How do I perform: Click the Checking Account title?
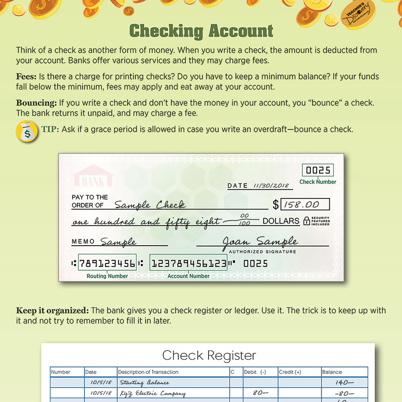pos(201,31)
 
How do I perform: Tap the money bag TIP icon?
pos(27,131)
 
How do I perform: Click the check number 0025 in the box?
pos(318,170)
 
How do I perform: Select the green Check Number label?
pos(318,182)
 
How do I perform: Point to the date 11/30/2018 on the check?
pos(271,186)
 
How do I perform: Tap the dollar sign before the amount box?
pos(275,205)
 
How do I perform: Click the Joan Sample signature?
pos(260,242)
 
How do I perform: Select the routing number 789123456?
pos(107,264)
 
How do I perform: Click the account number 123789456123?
pos(188,264)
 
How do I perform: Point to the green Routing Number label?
pos(107,276)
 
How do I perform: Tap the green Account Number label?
pos(189,276)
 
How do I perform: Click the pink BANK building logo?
pos(93,177)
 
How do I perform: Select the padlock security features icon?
pos(307,221)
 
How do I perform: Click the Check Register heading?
pos(209,355)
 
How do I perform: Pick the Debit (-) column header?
pos(255,372)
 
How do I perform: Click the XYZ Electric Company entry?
pos(153,394)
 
